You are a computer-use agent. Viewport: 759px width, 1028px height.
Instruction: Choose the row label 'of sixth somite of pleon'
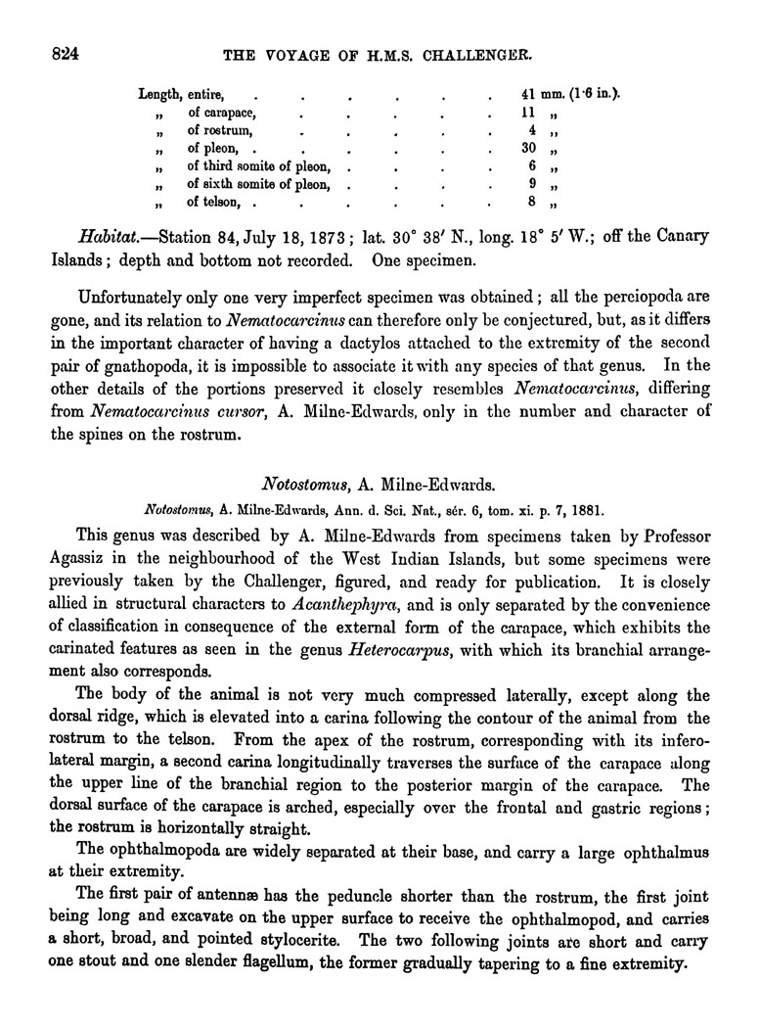click(259, 184)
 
